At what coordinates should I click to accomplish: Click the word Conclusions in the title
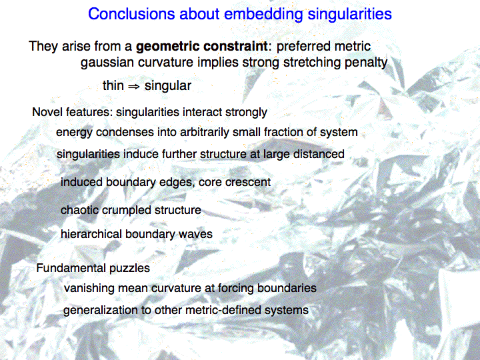point(131,14)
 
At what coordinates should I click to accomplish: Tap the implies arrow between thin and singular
point(133,87)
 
